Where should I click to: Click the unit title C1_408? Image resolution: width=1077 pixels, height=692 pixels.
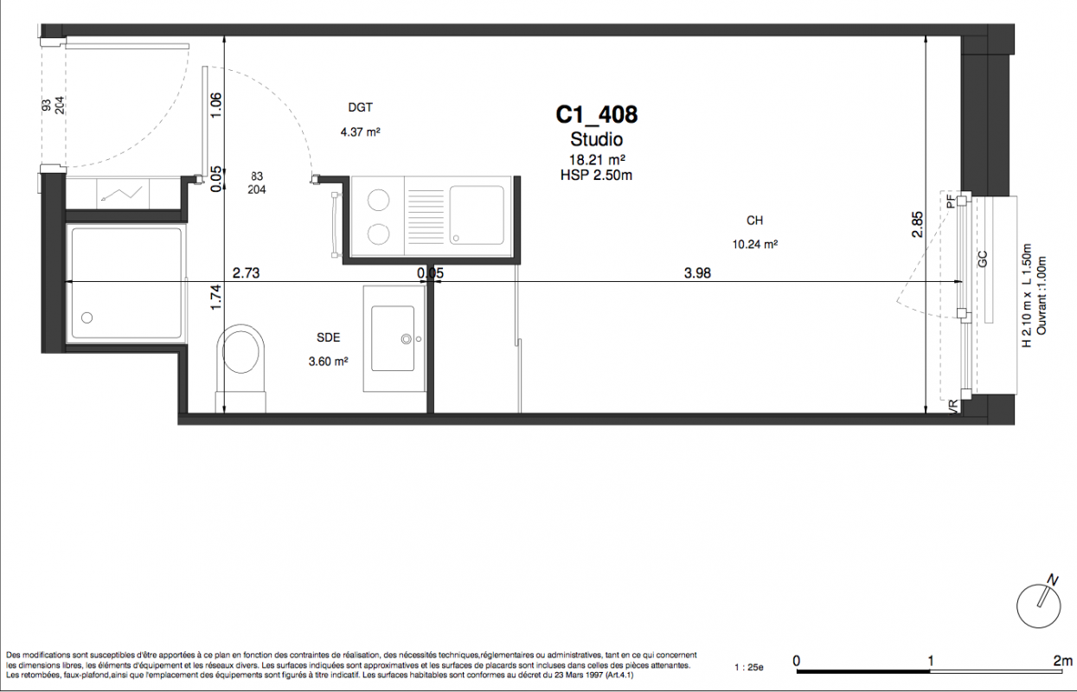click(x=597, y=115)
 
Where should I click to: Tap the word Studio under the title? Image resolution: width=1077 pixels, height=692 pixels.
click(x=596, y=139)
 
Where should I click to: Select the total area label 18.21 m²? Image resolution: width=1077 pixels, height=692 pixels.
click(x=597, y=159)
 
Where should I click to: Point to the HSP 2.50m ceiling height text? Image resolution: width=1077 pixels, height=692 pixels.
click(x=596, y=175)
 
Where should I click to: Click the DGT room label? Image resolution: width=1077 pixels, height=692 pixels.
click(x=360, y=107)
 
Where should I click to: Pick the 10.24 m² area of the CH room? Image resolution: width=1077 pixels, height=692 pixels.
click(x=755, y=244)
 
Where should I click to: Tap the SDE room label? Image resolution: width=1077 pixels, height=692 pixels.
click(x=329, y=337)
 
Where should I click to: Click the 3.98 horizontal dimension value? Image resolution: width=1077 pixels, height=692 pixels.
click(x=697, y=272)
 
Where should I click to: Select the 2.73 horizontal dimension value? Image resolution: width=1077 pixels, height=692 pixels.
click(x=247, y=273)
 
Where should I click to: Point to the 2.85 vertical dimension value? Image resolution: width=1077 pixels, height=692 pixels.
click(x=917, y=225)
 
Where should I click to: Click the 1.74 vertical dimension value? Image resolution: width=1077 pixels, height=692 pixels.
click(x=216, y=298)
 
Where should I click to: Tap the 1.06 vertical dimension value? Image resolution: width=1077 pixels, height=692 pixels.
click(x=216, y=105)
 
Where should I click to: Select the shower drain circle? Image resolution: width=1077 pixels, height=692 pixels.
click(x=87, y=317)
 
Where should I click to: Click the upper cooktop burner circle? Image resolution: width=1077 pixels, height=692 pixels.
click(x=378, y=201)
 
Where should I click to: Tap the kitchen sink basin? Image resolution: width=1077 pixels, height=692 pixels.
click(x=477, y=215)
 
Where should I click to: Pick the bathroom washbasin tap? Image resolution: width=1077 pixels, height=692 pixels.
click(x=407, y=339)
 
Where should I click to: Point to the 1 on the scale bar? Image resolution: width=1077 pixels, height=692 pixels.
click(x=931, y=660)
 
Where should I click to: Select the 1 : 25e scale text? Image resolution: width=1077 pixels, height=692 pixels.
click(x=748, y=668)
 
